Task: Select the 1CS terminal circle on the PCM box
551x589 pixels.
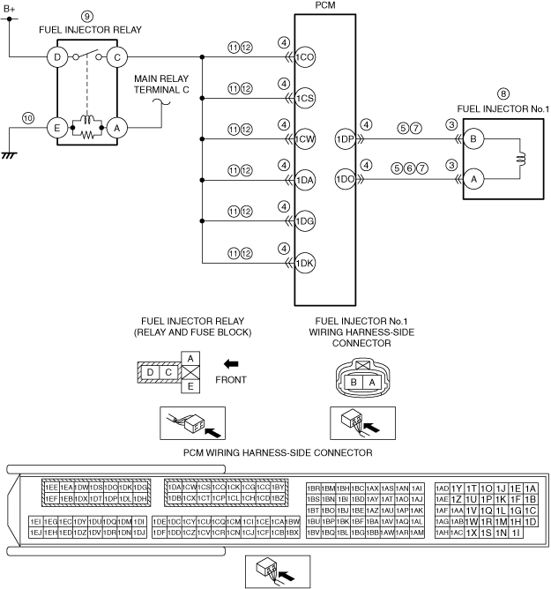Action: tap(306, 97)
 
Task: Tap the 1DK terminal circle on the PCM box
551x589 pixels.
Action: tap(306, 262)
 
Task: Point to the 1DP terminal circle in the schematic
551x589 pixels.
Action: tap(345, 138)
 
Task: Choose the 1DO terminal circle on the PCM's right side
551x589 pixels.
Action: tap(345, 179)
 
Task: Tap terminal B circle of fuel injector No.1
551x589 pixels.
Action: tap(476, 138)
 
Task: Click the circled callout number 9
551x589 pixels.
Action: tap(86, 16)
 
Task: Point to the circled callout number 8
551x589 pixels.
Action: tap(503, 93)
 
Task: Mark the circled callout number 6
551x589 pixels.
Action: tap(410, 168)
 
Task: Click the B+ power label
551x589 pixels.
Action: tap(10, 8)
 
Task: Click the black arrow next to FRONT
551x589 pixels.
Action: tap(231, 363)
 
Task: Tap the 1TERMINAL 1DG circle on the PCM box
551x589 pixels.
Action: tap(306, 220)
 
